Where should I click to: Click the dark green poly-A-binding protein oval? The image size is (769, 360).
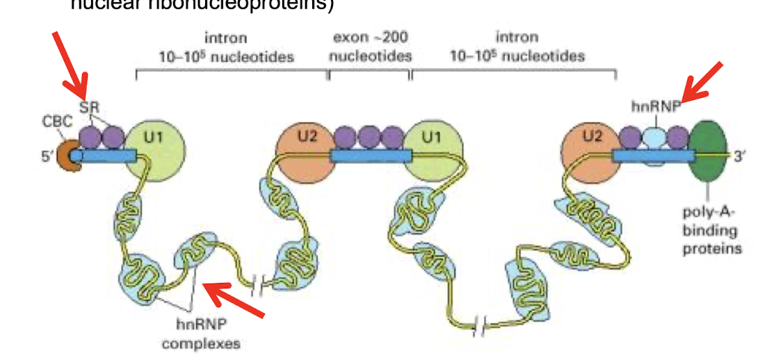[x=709, y=149]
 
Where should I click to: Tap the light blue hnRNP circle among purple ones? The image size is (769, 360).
[x=654, y=137]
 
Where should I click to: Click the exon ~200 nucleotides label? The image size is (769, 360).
[x=371, y=46]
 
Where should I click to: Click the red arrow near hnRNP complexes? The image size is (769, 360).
[x=233, y=301]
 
